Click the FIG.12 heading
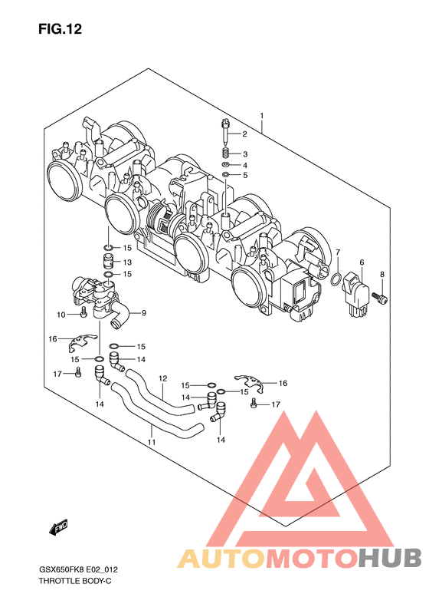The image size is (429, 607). coord(60,29)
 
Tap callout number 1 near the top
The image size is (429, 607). coord(262,115)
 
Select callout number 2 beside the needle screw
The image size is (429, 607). coord(244,134)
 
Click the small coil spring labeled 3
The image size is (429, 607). coord(226,153)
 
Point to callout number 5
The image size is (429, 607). coord(245,176)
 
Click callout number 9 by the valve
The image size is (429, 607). coord(144,313)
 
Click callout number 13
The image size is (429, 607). coord(127,262)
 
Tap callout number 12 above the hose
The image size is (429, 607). coord(162,378)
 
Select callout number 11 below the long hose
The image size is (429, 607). coord(152,442)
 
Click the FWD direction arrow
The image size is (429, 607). coord(58,528)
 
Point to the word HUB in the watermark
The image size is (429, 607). coord(389,559)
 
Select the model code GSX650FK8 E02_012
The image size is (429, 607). coord(78,570)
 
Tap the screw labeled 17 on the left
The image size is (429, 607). coord(78,372)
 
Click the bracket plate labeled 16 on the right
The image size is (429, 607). coord(249,382)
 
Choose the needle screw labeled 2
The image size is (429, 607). coord(225,131)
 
